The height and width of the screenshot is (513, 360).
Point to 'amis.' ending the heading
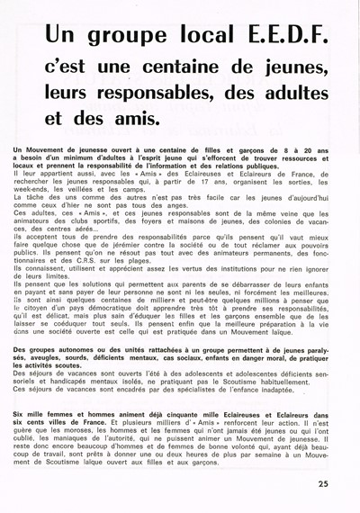134,118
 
